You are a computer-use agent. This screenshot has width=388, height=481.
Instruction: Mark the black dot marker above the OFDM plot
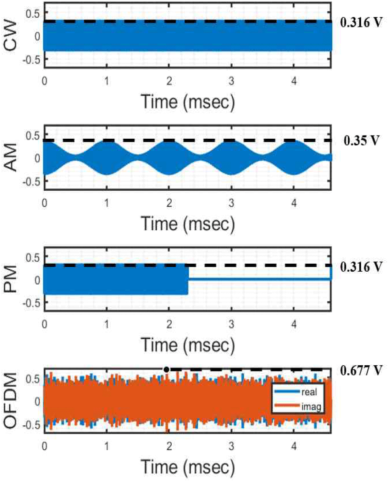point(166,369)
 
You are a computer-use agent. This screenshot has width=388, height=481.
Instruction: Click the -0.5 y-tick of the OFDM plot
point(31,425)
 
